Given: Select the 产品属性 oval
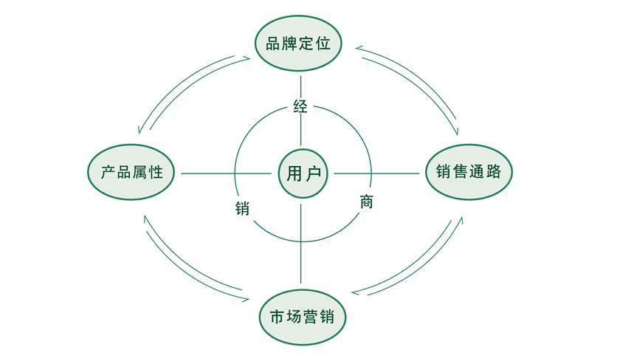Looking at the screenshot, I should click(x=131, y=173).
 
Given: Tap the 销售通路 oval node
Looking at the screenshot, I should click(x=469, y=172).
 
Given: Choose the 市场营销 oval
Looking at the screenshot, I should click(x=302, y=318).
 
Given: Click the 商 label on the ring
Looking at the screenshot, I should click(x=366, y=201).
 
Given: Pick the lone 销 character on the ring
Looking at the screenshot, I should click(x=241, y=207).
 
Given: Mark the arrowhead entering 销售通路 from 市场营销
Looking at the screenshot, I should click(x=463, y=219).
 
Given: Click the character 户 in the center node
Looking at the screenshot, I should click(x=312, y=173).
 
